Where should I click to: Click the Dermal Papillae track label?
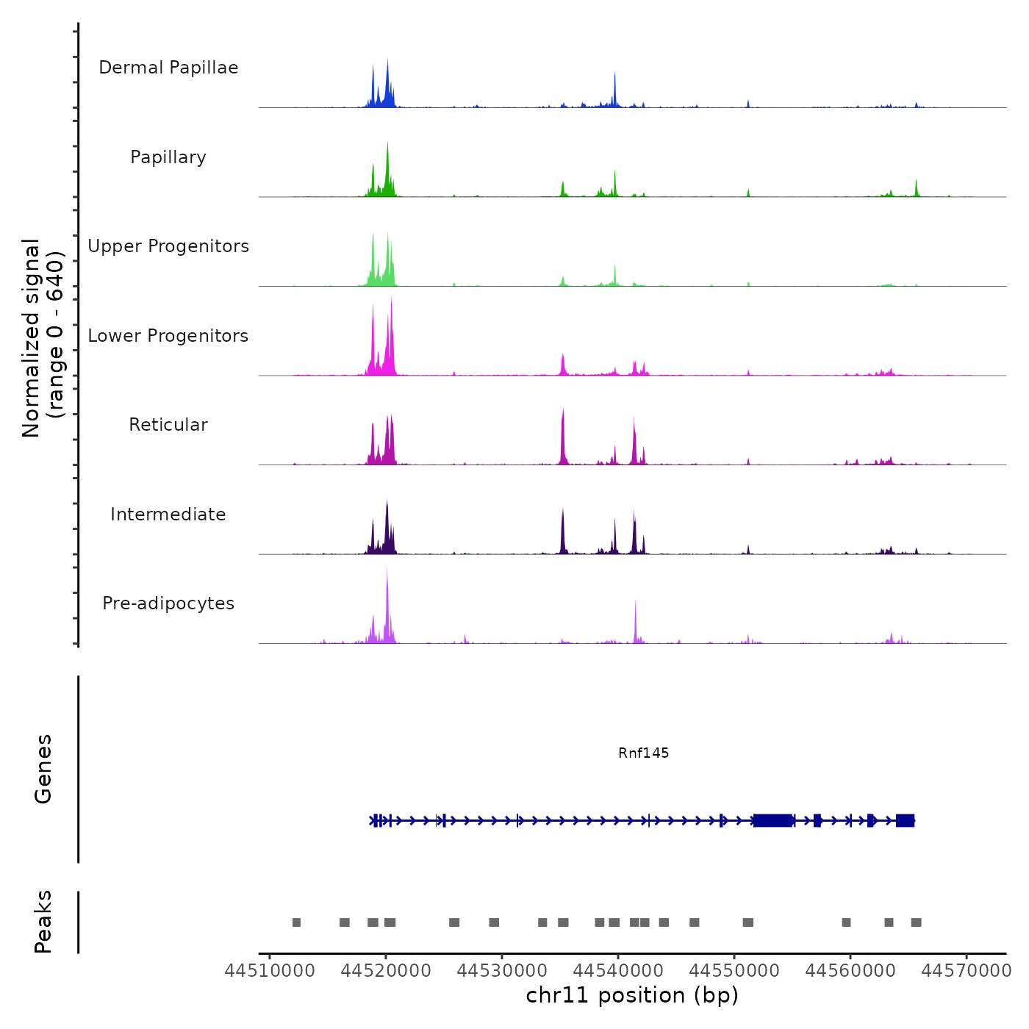(168, 68)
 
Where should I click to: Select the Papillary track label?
(168, 157)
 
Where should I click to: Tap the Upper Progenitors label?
(168, 246)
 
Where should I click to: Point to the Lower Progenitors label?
(168, 336)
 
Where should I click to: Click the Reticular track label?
(168, 425)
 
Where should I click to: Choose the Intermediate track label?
(168, 514)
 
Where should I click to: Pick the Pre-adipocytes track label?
(168, 603)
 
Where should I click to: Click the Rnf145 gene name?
(643, 753)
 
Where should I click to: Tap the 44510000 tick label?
(270, 971)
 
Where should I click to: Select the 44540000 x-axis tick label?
(618, 971)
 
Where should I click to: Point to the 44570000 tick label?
(967, 971)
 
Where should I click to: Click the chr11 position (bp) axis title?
(632, 995)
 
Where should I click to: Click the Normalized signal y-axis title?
(43, 338)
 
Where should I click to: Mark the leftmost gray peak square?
(296, 922)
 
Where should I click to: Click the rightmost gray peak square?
(916, 922)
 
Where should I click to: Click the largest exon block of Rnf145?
(773, 820)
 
